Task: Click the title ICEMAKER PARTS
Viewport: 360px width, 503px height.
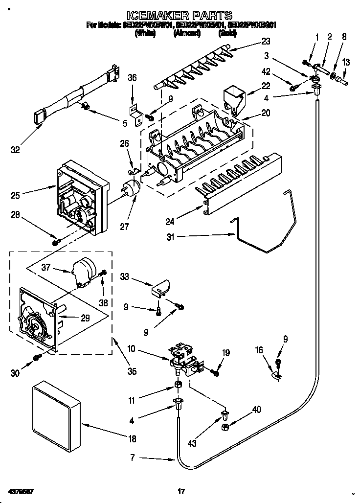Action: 180,15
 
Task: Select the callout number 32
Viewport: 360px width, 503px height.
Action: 16,150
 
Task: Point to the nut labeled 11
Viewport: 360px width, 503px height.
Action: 179,385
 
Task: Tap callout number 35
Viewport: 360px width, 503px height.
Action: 132,371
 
